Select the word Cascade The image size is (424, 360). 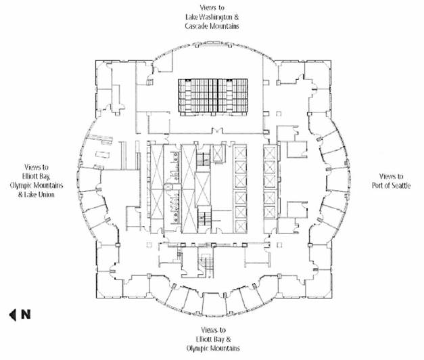pyautogui.click(x=197, y=26)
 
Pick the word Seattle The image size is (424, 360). pyautogui.click(x=398, y=185)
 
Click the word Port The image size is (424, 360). pyautogui.click(x=376, y=185)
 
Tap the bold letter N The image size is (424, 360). pyautogui.click(x=25, y=314)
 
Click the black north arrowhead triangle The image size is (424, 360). pyautogui.click(x=13, y=314)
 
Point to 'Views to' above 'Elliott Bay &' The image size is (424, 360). pyautogui.click(x=212, y=330)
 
